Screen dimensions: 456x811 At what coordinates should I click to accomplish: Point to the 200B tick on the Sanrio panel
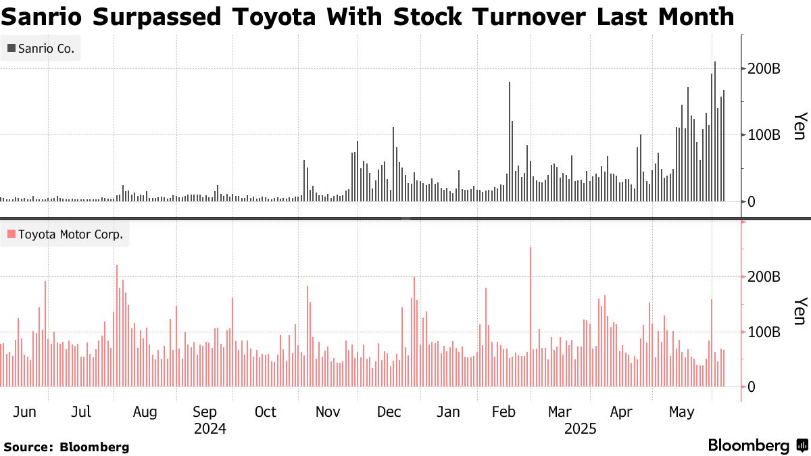pyautogui.click(x=764, y=69)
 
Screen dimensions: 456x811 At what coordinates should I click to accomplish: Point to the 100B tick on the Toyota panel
pyautogui.click(x=764, y=332)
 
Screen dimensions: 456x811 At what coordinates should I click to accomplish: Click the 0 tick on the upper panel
pyautogui.click(x=752, y=201)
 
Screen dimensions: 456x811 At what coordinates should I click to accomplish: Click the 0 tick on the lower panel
pyautogui.click(x=752, y=387)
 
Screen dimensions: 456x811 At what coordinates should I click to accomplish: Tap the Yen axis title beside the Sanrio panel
pyautogui.click(x=799, y=126)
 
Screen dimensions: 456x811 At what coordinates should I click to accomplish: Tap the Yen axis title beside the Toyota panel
pyautogui.click(x=799, y=311)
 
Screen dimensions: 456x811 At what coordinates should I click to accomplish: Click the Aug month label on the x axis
pyautogui.click(x=145, y=412)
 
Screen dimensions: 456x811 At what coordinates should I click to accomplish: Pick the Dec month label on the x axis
pyautogui.click(x=389, y=412)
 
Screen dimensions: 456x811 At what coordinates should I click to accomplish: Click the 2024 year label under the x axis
pyautogui.click(x=210, y=429)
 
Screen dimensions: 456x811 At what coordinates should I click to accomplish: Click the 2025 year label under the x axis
pyautogui.click(x=580, y=429)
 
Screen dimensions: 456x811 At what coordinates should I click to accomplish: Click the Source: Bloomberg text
pyautogui.click(x=66, y=447)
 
